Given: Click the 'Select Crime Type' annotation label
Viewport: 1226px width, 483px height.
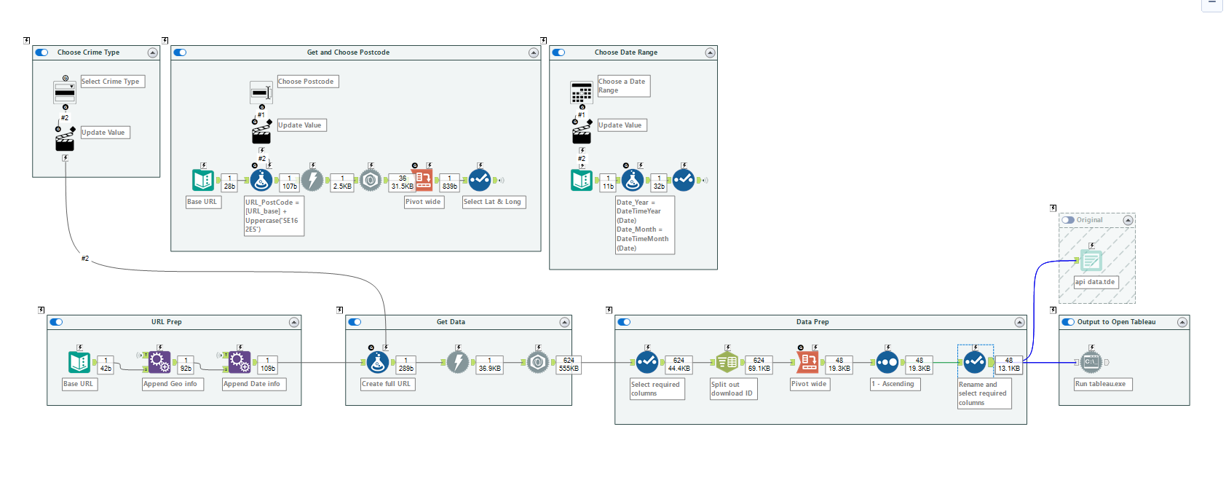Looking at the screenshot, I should click(x=112, y=82).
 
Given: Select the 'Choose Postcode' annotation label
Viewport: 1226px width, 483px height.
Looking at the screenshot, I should click(x=307, y=82).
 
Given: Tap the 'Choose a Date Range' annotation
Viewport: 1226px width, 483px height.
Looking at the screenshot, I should click(x=623, y=86).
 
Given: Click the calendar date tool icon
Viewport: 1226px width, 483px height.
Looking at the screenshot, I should click(x=582, y=93).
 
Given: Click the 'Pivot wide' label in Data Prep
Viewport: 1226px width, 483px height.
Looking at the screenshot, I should click(x=810, y=384).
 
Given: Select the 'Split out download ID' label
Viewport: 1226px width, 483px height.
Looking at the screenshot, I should click(x=733, y=389).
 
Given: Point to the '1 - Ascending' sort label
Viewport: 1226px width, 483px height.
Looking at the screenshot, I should click(x=895, y=384).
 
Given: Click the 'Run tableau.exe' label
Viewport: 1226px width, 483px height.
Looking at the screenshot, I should click(x=1102, y=384).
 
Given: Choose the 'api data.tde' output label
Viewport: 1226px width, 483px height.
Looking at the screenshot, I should click(x=1096, y=282).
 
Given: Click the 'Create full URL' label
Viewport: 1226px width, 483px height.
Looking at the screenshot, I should click(x=387, y=384).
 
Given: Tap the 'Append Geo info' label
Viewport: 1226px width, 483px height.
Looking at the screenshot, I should click(x=172, y=384).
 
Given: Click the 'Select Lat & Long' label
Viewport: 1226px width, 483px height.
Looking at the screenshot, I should click(x=494, y=202).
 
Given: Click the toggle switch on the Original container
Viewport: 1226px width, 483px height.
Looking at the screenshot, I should click(x=1068, y=220).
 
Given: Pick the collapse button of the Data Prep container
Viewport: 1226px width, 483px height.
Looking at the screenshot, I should click(x=1019, y=322).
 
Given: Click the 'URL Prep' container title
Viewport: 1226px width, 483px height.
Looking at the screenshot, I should click(x=167, y=322).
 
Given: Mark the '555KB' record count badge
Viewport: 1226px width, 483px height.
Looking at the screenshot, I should click(x=569, y=365).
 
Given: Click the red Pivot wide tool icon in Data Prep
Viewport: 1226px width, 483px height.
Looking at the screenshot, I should click(x=807, y=362).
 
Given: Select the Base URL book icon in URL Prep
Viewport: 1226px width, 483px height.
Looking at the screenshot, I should click(x=79, y=362).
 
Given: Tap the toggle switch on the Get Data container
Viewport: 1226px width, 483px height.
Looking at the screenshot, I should click(x=355, y=322).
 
